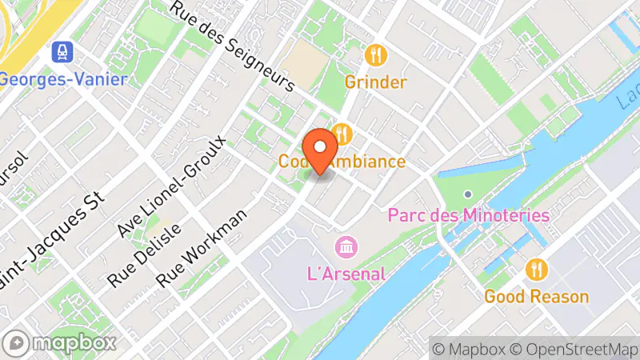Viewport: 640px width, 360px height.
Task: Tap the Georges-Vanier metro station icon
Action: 61,54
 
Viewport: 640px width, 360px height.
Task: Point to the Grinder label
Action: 375,82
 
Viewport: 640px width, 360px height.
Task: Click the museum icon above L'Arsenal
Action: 346,246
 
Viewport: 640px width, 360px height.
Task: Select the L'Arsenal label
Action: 346,273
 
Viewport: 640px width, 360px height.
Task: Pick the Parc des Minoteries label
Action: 468,215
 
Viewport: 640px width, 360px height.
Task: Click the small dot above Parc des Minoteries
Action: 468,194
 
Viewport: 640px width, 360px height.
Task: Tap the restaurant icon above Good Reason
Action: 536,270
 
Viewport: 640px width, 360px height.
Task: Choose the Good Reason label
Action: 536,297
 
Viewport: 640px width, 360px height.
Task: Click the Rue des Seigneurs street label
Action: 234,44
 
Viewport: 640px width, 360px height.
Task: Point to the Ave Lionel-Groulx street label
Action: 172,186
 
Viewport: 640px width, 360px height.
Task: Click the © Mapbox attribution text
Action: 469,349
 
